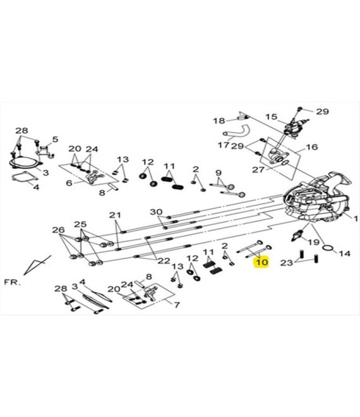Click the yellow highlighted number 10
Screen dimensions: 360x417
[261, 262]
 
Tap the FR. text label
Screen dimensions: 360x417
[12, 282]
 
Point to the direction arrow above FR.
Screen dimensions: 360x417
[37, 265]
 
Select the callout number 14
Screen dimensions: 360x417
[345, 253]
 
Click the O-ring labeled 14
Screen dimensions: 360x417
[328, 248]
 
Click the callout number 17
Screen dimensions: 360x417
[224, 145]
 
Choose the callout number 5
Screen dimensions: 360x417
[55, 139]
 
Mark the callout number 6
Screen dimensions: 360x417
[69, 183]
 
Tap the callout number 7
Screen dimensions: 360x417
[177, 305]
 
